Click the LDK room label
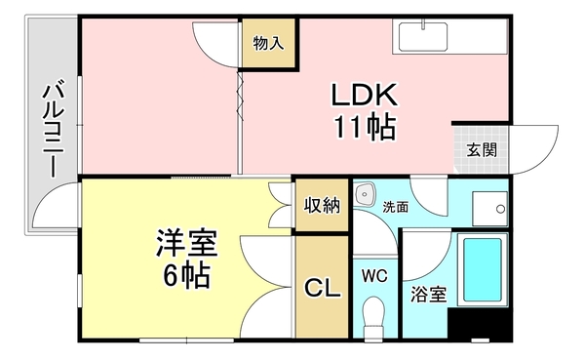coord(363,97)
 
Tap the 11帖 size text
coord(363,127)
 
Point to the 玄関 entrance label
coord(481,150)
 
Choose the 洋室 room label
coord(186,245)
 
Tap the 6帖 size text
coord(186,275)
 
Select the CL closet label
coord(321,288)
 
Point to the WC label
coord(374,276)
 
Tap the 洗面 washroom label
coord(395,207)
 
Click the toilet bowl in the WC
coord(374,317)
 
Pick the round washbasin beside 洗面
coord(366,192)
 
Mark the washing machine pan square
coord(489,206)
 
